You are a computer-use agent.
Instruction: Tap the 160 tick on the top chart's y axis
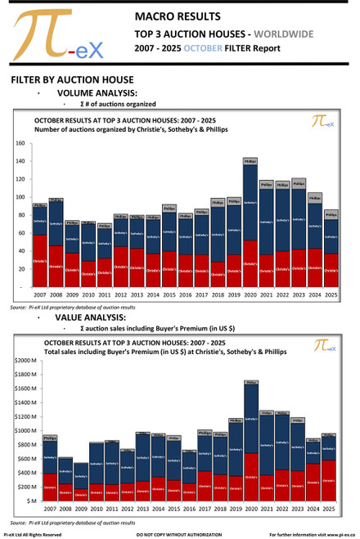click(20, 143)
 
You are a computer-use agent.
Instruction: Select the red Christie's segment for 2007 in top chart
click(38, 261)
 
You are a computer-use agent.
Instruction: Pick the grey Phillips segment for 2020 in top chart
click(250, 162)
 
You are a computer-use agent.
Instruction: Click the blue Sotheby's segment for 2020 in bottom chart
click(250, 417)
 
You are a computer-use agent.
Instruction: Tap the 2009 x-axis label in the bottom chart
click(82, 509)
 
